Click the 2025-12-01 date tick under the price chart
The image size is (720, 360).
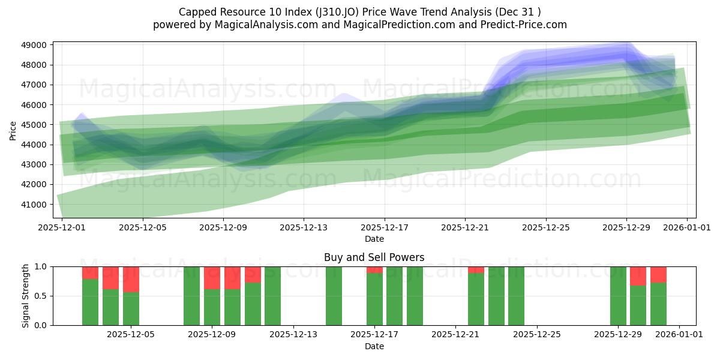coord(62,228)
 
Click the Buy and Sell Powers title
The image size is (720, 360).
coord(374,257)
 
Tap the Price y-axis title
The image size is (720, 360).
coord(13,130)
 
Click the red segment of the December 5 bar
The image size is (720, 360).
coord(131,279)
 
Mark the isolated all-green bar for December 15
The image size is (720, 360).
coord(334,296)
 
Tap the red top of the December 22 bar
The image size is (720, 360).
coord(476,270)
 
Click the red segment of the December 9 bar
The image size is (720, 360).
coord(212,278)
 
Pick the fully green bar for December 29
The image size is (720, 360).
coord(618,296)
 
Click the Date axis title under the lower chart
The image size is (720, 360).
coord(374,346)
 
